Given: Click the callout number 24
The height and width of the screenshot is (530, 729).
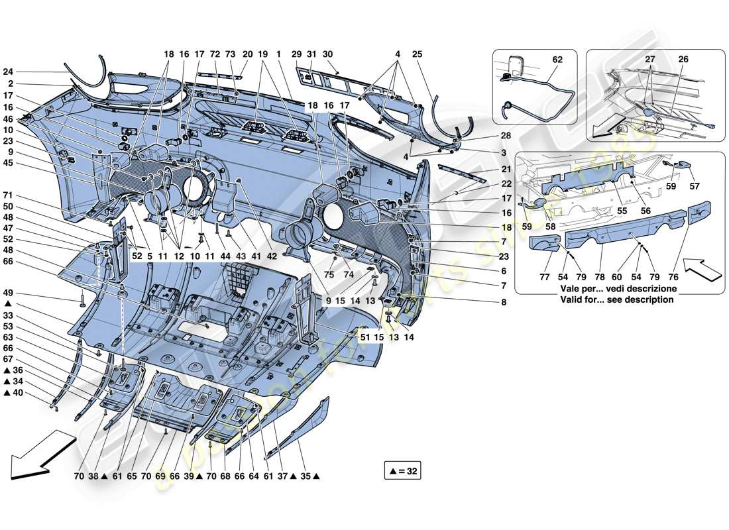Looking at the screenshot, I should click(8, 72).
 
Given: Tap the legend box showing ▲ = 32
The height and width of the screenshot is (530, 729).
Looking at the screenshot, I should click(402, 472).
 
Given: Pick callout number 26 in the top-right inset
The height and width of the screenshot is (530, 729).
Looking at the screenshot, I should click(682, 60).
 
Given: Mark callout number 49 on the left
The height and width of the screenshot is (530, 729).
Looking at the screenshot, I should click(8, 293).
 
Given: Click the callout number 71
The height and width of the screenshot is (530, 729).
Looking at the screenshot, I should click(8, 196).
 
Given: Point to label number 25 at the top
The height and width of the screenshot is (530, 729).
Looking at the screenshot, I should click(416, 54).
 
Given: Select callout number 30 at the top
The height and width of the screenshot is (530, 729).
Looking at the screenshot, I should click(327, 54).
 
